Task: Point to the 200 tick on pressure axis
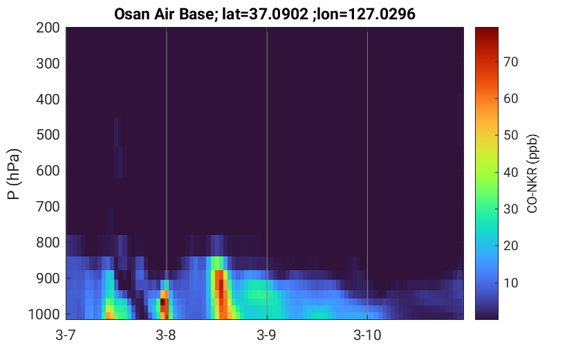click(48, 28)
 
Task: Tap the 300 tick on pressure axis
click(48, 64)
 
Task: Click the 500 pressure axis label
click(48, 135)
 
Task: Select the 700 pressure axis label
click(48, 207)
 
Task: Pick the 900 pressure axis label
click(48, 278)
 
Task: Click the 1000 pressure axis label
click(44, 314)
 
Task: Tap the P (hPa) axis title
click(14, 174)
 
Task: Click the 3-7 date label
click(66, 335)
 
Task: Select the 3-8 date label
click(166, 335)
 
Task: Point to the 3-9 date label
click(267, 335)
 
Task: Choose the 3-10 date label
click(367, 335)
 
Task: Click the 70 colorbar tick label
click(510, 62)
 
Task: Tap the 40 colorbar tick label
click(510, 172)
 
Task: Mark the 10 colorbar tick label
click(510, 283)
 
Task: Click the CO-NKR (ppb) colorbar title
click(532, 173)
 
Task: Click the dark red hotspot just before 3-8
click(162, 302)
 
